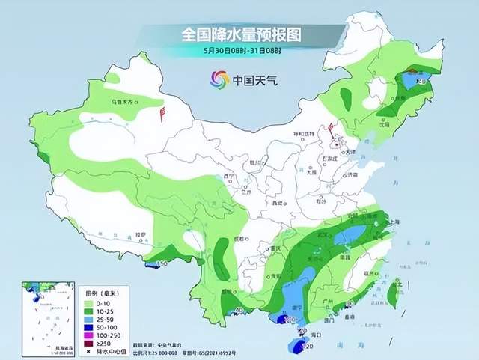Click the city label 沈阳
pyautogui.click(x=384, y=125)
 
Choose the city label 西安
pyautogui.click(x=280, y=203)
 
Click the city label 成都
pyautogui.click(x=239, y=238)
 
